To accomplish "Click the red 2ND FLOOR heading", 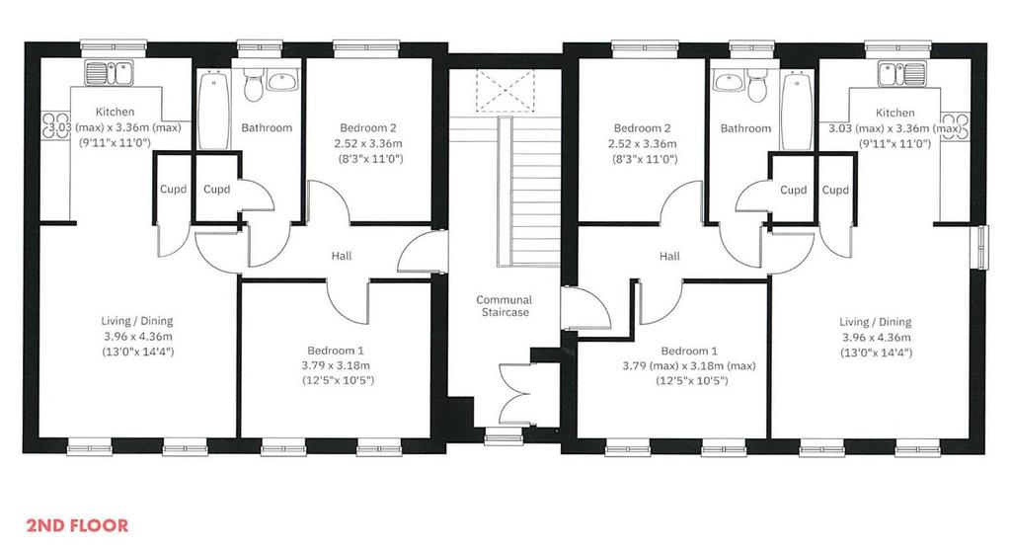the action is click(77, 525).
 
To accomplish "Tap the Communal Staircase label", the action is click(505, 306).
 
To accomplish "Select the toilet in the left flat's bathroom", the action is click(252, 85).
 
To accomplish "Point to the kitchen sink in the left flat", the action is click(109, 73).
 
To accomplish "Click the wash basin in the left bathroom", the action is click(281, 81).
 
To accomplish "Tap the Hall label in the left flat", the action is click(342, 256).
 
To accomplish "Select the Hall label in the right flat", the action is click(669, 256).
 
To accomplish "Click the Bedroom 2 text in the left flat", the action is click(368, 127).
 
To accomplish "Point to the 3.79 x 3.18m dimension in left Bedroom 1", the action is click(336, 365).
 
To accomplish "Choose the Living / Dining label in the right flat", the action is click(876, 321).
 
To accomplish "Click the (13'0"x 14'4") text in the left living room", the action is click(138, 352).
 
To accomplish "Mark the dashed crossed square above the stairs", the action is click(505, 92).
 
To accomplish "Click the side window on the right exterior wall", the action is click(982, 248).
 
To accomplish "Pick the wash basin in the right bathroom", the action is click(729, 81).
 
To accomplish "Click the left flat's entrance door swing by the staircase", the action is click(422, 251).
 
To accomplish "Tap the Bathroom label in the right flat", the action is click(745, 127).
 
